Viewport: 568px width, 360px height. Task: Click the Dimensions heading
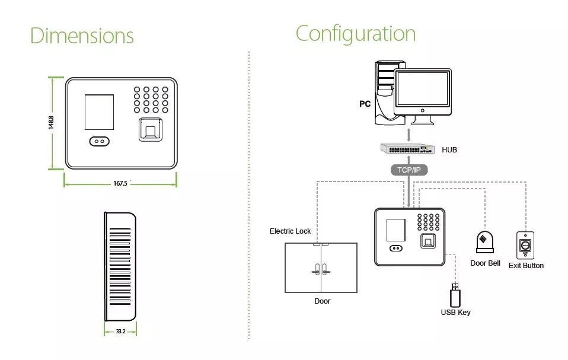[x=82, y=36]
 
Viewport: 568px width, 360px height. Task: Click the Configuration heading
[x=355, y=33]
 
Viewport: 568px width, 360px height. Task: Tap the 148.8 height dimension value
[x=52, y=123]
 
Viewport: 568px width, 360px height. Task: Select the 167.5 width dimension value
[x=120, y=184]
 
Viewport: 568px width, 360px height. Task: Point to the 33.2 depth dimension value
[x=120, y=331]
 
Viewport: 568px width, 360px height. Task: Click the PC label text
[x=365, y=104]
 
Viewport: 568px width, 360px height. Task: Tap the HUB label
[x=449, y=150]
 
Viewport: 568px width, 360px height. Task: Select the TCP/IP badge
[x=409, y=170]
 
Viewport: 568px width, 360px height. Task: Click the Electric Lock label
[x=290, y=231]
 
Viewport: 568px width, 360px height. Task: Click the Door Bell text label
[x=485, y=263]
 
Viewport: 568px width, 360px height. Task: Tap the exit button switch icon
[x=525, y=244]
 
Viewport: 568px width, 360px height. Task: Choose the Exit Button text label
[x=526, y=266]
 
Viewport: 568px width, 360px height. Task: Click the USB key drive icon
[x=455, y=295]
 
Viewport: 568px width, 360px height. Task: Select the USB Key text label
[x=455, y=313]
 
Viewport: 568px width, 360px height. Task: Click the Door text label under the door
[x=322, y=301]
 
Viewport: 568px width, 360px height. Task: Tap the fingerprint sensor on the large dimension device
[x=151, y=130]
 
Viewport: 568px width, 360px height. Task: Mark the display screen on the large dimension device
[x=100, y=110]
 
